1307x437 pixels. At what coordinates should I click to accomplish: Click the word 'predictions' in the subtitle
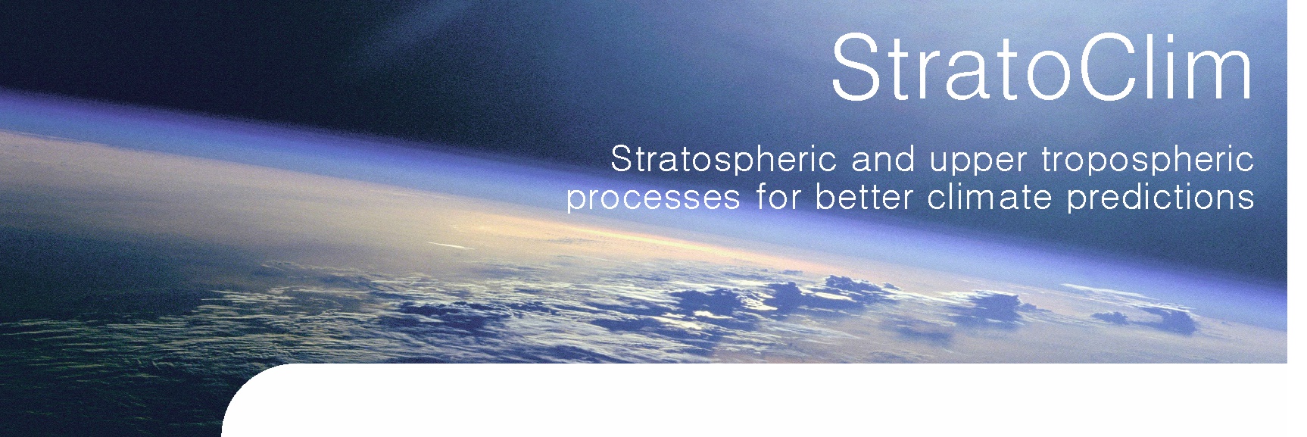tap(1159, 198)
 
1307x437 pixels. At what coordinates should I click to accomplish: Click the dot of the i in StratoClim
tap(1159, 36)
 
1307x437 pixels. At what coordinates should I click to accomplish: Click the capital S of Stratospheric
tap(622, 160)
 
